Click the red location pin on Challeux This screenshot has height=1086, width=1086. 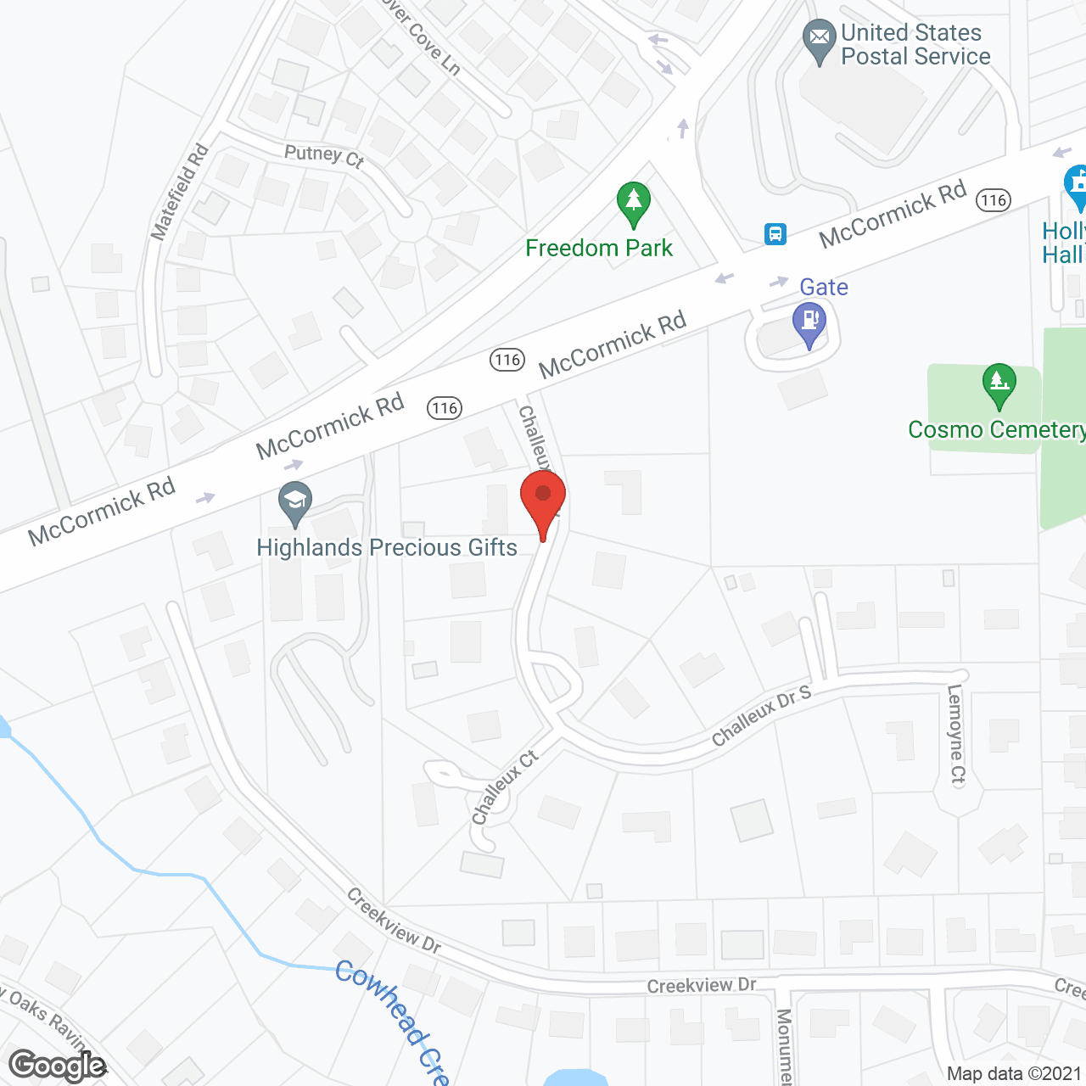543,501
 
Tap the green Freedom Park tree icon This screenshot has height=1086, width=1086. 633,204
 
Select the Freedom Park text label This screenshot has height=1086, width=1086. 599,248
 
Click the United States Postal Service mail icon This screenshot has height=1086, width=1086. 819,39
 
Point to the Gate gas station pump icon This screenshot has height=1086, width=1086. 809,323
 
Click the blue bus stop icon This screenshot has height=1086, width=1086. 775,234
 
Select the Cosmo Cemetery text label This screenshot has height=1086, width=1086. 996,429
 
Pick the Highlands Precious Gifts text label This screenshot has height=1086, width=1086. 387,548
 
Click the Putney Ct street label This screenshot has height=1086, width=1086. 324,155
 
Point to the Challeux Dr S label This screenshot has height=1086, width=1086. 761,716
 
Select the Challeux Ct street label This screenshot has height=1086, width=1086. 505,787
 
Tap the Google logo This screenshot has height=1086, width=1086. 58,1066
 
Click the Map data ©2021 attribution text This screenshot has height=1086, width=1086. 1015,1073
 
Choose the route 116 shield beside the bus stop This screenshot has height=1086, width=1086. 994,200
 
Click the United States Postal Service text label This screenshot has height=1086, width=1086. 915,45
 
